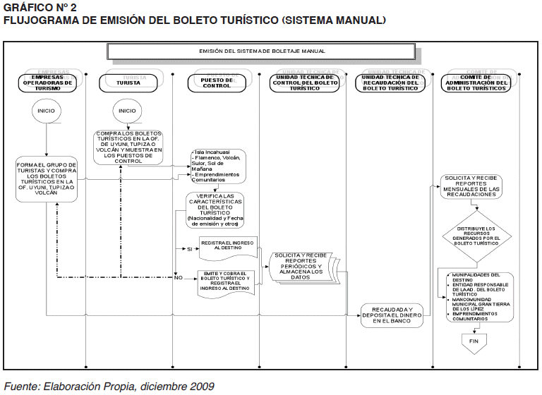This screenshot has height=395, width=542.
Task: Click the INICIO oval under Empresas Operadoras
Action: [x=47, y=111]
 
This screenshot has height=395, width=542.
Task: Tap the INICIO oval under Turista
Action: [x=127, y=111]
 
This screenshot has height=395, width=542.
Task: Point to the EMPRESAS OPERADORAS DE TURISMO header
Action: [x=47, y=83]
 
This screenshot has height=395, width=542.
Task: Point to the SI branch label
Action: [x=189, y=249]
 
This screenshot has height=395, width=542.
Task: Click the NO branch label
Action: [x=179, y=278]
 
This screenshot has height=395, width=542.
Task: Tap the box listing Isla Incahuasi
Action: [x=217, y=166]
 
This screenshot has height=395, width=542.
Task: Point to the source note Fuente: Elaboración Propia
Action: [x=109, y=386]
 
